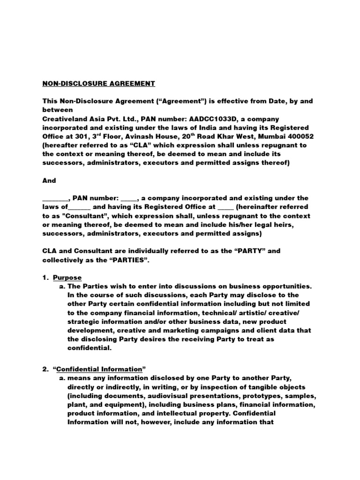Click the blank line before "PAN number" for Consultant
pyautogui.click(x=52, y=198)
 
